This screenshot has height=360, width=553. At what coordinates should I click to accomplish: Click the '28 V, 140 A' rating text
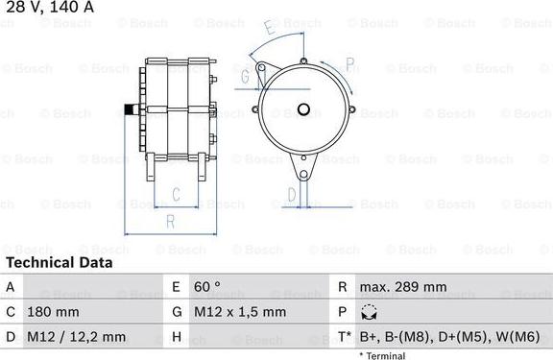(50, 7)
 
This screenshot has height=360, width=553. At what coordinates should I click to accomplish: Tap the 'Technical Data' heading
(60, 263)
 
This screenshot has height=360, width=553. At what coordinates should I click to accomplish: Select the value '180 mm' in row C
(53, 312)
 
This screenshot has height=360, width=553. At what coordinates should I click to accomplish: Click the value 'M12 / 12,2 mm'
(76, 337)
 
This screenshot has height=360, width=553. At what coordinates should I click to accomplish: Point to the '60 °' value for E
(207, 287)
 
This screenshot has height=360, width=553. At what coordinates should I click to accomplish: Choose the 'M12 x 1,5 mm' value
(240, 312)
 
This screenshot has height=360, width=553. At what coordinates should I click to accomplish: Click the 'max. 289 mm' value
(403, 287)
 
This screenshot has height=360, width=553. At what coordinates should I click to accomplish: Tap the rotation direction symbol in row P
(369, 312)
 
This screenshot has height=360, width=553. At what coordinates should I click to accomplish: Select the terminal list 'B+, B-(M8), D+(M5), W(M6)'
(449, 337)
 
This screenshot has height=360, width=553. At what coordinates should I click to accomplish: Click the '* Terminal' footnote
(382, 356)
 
